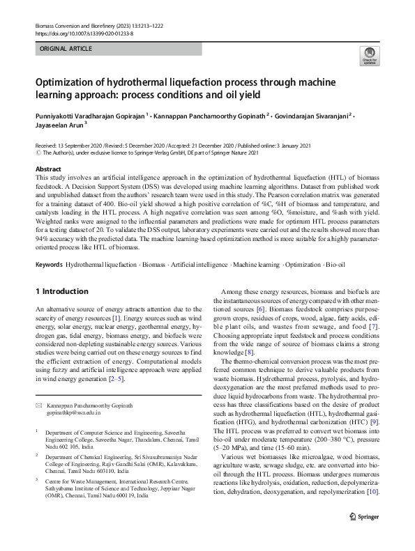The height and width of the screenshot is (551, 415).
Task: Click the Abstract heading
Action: (49, 169)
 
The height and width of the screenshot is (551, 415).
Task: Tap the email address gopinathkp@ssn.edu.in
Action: (76, 413)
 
